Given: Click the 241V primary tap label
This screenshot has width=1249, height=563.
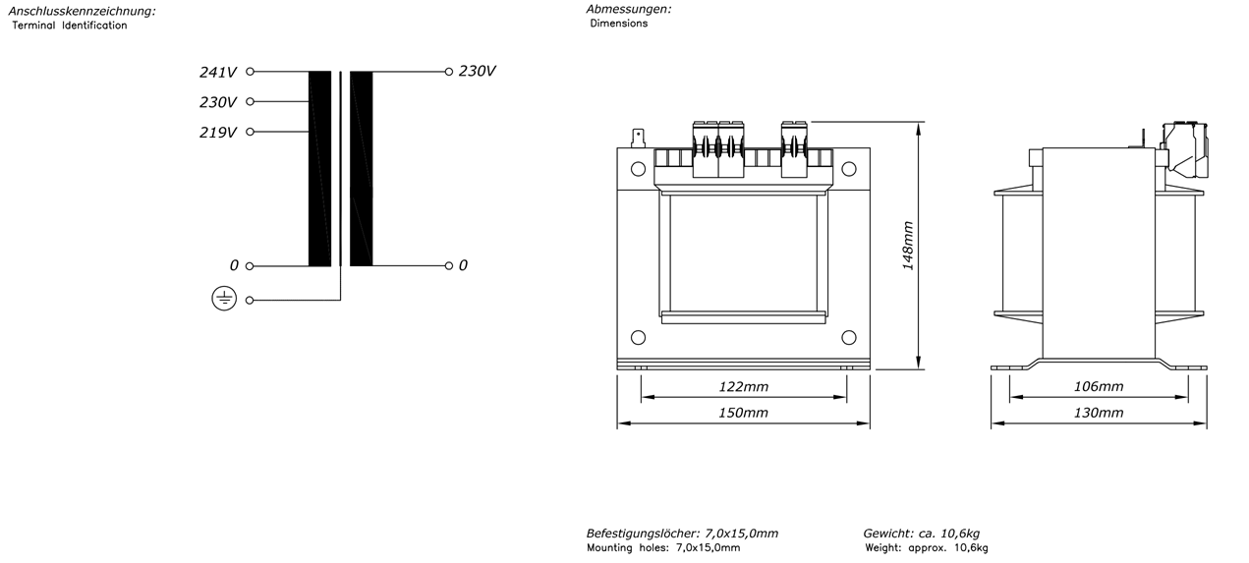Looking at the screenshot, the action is click(218, 73).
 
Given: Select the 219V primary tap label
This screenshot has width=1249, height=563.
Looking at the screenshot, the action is click(218, 133).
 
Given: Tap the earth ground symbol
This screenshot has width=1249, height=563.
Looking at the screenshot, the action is click(224, 299).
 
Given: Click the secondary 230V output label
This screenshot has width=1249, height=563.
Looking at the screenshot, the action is click(477, 72).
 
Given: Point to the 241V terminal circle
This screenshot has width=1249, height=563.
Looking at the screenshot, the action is click(251, 72).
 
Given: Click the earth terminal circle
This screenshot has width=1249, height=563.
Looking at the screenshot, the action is click(250, 301).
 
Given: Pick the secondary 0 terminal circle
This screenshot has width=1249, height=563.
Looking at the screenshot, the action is click(449, 266).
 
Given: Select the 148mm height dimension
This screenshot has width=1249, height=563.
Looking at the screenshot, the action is click(908, 246).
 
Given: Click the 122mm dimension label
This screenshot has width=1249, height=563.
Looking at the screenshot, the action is click(743, 387).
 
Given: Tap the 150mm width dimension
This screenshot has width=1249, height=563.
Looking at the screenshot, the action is click(743, 413).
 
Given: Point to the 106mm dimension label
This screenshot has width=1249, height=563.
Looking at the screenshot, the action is click(1099, 387).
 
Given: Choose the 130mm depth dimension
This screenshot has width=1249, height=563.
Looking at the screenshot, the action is click(1099, 413).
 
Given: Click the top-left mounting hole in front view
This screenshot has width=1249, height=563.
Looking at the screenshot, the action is click(639, 169).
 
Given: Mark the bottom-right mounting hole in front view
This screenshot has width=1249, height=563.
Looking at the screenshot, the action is click(849, 337).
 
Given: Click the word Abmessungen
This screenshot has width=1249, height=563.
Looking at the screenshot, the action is click(628, 10).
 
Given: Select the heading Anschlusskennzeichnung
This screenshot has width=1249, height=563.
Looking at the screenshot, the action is click(82, 11).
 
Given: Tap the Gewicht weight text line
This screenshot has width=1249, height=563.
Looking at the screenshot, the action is click(921, 534).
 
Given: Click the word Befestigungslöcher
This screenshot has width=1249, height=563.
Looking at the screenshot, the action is click(643, 534).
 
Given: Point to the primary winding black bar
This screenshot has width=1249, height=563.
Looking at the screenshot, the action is click(319, 168).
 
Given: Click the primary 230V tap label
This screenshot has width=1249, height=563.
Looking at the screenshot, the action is click(218, 102).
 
